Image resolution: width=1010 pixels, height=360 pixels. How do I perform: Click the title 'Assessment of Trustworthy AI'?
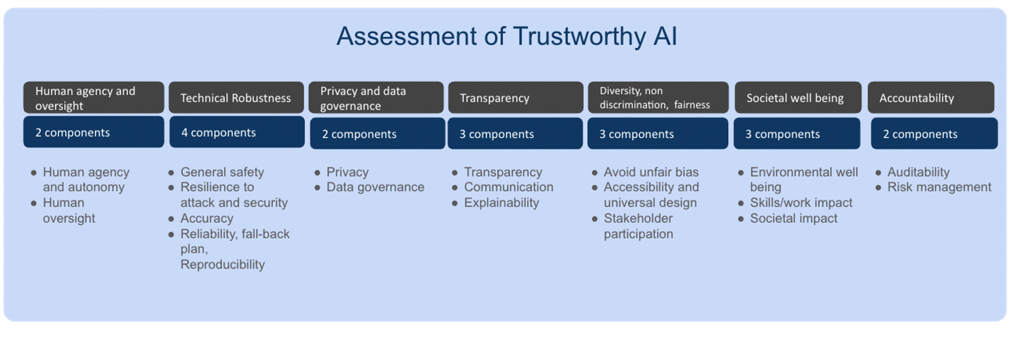click(506, 36)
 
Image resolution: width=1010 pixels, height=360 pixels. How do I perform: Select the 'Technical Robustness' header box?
click(236, 98)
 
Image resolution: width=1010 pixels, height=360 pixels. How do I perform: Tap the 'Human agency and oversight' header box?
click(93, 98)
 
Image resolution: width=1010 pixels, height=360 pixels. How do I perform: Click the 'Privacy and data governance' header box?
click(376, 98)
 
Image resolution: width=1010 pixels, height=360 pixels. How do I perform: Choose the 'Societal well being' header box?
click(797, 98)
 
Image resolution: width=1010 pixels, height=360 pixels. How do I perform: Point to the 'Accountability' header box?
click(931, 98)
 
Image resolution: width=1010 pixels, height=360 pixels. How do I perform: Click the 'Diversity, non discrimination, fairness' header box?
click(658, 98)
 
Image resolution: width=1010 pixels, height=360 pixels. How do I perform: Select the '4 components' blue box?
click(237, 132)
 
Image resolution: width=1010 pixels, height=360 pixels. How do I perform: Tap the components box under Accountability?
click(934, 134)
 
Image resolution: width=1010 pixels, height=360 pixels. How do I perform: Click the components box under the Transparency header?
click(515, 134)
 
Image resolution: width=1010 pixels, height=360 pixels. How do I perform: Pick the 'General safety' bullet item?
click(222, 172)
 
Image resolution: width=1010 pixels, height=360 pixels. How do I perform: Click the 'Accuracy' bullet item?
click(207, 218)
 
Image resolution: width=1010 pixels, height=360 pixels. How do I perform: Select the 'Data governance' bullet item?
click(375, 187)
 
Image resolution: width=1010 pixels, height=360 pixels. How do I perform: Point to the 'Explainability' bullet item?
click(501, 202)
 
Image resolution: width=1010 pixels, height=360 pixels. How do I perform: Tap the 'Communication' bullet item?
click(509, 187)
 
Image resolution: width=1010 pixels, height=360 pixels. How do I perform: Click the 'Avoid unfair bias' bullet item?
click(651, 172)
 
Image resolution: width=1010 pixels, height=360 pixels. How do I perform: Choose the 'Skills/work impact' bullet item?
click(801, 202)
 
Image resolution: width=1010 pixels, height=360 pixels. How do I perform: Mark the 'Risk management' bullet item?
click(939, 187)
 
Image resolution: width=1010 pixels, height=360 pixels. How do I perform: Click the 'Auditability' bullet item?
click(918, 172)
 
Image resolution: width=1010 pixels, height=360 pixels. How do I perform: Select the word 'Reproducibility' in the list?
click(223, 264)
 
